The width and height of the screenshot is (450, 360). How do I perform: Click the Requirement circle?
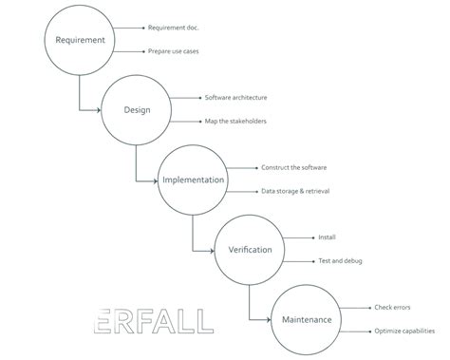tap(80, 40)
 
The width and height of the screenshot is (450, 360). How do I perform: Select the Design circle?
tap(137, 109)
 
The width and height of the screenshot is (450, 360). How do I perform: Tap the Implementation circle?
tap(193, 180)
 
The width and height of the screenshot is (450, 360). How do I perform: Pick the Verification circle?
tap(250, 250)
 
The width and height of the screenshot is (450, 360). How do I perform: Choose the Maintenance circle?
tap(307, 319)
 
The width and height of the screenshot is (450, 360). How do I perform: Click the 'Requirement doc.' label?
tap(175, 28)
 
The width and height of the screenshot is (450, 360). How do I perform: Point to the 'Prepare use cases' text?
tap(174, 51)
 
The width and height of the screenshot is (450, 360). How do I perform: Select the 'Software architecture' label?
tap(235, 98)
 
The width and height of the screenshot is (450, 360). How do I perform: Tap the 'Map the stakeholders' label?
tap(234, 121)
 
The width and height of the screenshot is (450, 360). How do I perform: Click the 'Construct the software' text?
tap(293, 167)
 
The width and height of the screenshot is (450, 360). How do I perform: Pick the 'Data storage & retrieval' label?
tap(295, 191)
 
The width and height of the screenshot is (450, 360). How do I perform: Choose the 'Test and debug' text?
tap(340, 260)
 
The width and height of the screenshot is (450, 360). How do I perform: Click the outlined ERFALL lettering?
tap(156, 321)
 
